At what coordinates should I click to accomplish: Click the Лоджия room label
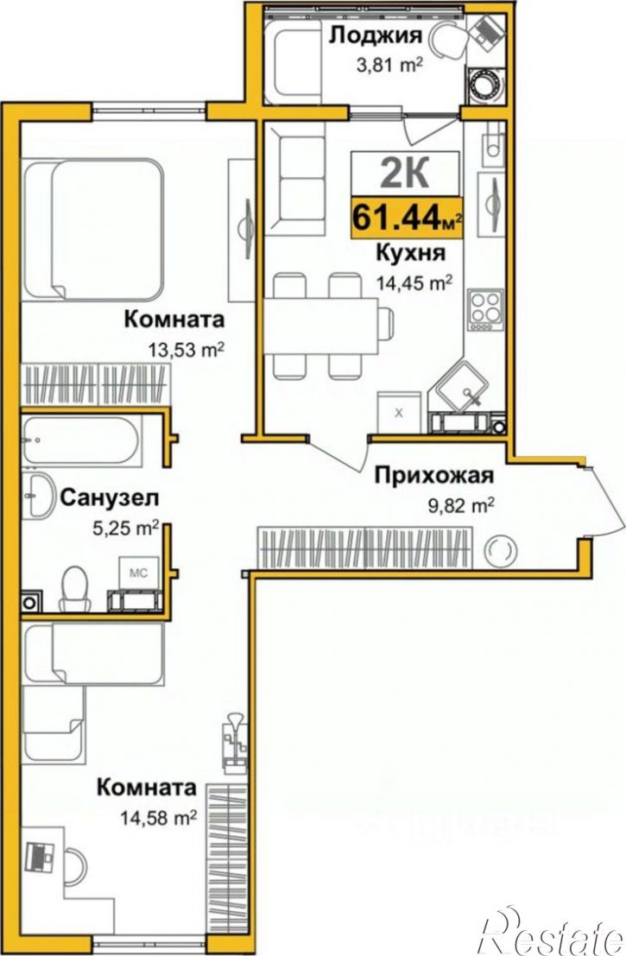pyautogui.click(x=376, y=36)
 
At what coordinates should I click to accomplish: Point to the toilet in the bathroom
pyautogui.click(x=75, y=587)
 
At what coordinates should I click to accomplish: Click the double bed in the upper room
pyautogui.click(x=95, y=229)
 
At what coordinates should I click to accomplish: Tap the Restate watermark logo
pyautogui.click(x=552, y=931)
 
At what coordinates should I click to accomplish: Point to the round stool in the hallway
pyautogui.click(x=500, y=550)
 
